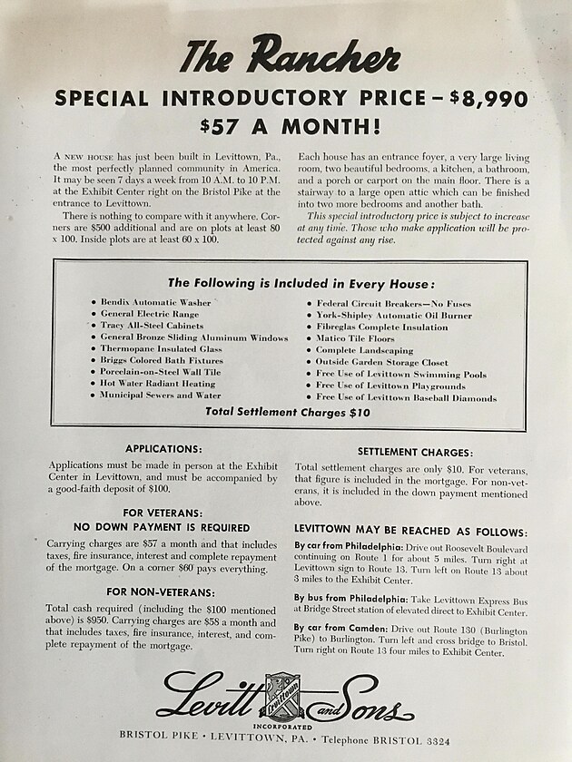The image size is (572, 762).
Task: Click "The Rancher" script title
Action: (289, 57)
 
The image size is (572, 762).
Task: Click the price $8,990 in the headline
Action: (489, 98)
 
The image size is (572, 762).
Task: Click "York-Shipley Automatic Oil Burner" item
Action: (393, 315)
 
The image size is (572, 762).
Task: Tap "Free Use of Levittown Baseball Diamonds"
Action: (406, 397)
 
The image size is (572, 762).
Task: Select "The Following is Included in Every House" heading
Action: (287, 283)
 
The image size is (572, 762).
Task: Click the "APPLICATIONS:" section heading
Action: (163, 448)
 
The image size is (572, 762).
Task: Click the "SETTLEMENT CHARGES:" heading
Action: (415, 452)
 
